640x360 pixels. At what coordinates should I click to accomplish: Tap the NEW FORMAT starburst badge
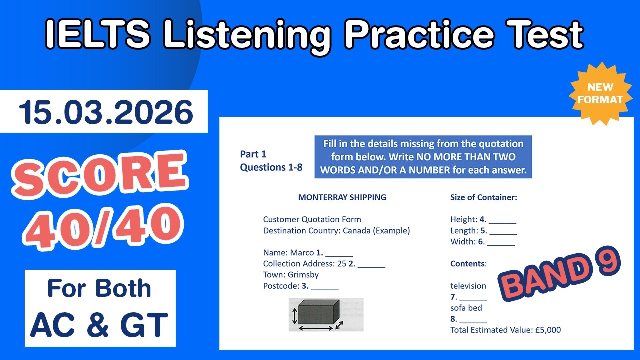coord(600,93)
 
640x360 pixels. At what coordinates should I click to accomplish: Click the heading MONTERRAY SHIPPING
coord(342,197)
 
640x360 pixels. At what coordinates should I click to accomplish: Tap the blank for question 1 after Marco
coord(339,253)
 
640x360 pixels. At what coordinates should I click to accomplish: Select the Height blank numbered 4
coord(502,220)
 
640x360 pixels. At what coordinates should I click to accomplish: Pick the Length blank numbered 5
coord(503,231)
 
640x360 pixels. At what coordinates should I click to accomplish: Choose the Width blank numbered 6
coord(501,242)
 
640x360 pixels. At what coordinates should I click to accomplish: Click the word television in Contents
coord(468,286)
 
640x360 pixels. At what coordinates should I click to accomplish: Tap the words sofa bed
coord(466,308)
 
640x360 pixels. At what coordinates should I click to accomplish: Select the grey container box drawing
coord(318,313)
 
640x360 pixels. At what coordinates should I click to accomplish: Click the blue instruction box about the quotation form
coord(423,157)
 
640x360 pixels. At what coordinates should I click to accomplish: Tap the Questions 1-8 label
coord(271,167)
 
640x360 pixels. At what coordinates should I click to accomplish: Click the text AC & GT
coord(100,324)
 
